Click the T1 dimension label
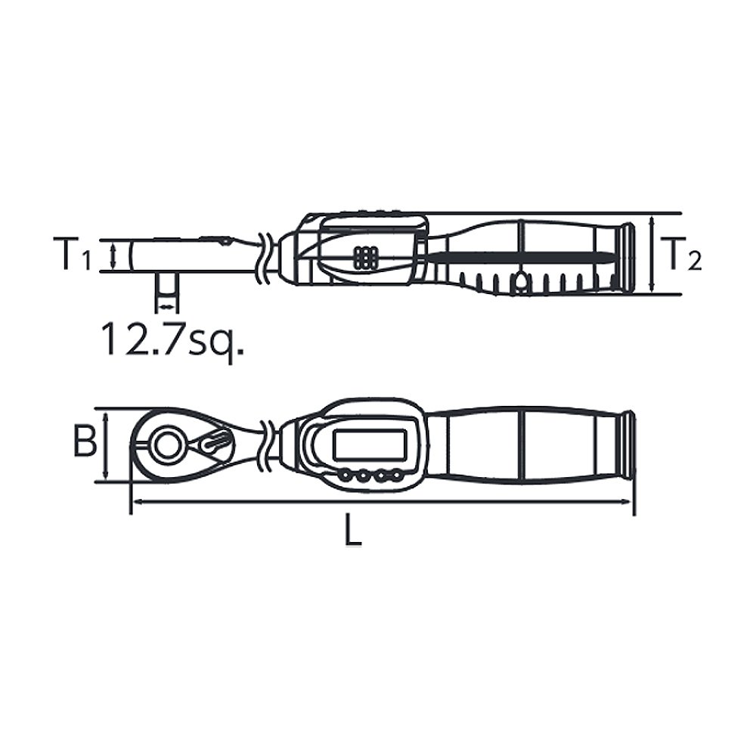pyautogui.click(x=74, y=254)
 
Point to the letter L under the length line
pyautogui.click(x=353, y=529)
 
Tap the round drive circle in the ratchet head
pyautogui.click(x=166, y=444)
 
